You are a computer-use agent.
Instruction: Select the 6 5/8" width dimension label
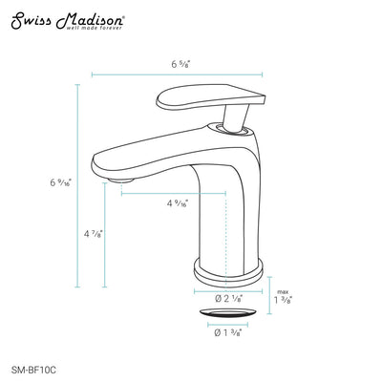[180, 64]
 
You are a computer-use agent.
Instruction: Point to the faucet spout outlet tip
[116, 177]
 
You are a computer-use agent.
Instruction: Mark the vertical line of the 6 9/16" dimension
[77, 181]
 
